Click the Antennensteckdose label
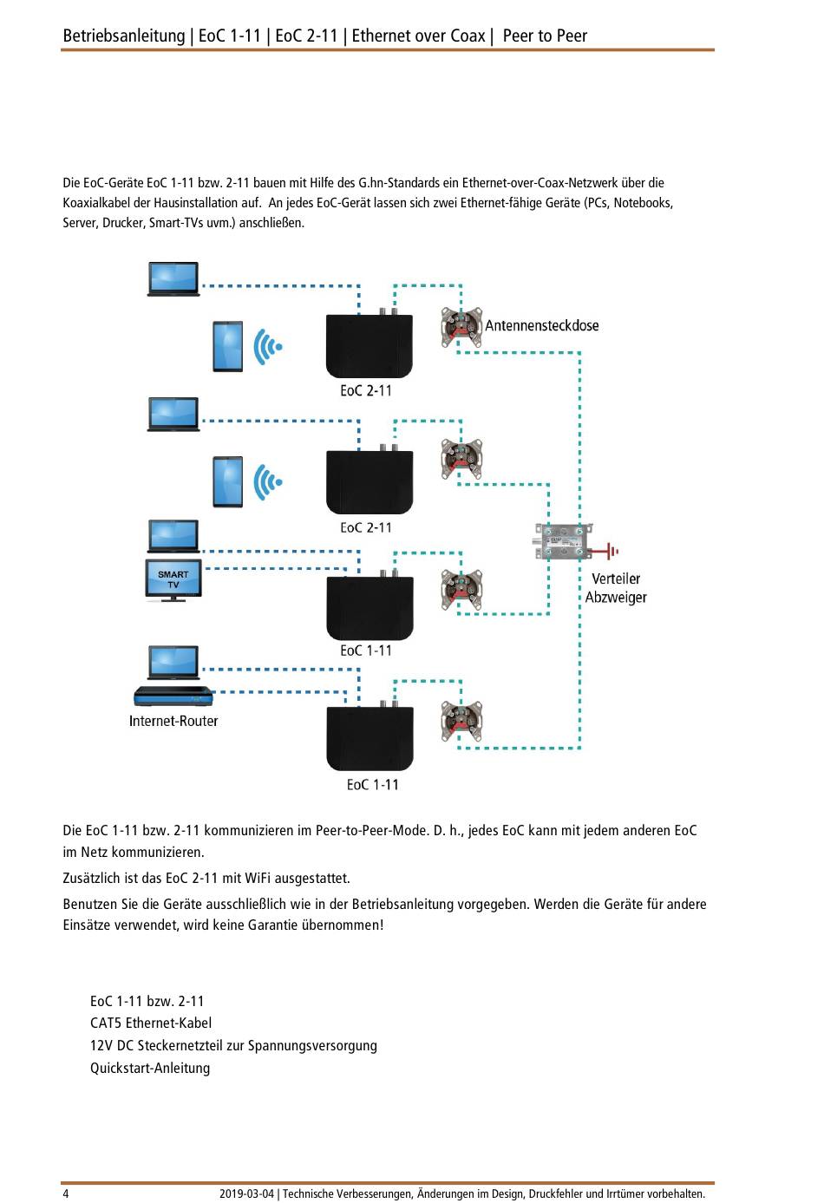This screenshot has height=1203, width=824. click(x=542, y=326)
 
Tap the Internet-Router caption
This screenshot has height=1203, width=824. click(x=173, y=722)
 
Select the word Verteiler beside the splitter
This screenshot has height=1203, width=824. click(x=616, y=579)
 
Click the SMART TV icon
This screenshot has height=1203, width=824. click(x=173, y=579)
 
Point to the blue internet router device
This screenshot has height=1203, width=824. click(x=173, y=696)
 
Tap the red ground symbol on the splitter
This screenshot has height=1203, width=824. click(x=611, y=550)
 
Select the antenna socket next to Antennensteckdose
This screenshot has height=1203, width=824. click(x=461, y=328)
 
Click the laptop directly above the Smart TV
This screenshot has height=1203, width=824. click(x=173, y=536)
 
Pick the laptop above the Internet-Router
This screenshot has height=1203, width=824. click(x=173, y=663)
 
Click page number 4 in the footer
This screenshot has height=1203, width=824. click(x=66, y=1193)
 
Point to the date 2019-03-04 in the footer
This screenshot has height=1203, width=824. click(x=246, y=1193)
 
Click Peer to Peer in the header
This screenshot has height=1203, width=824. click(x=545, y=36)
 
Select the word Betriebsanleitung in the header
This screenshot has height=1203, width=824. click(x=123, y=36)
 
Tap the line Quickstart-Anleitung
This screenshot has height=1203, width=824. click(x=150, y=1069)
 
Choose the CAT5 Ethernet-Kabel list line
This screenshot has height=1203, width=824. click(x=151, y=1023)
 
